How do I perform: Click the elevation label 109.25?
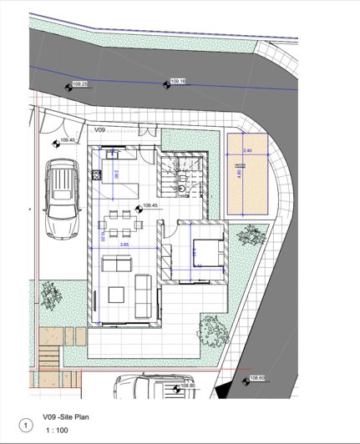pos(81,84)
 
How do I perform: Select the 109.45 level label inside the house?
pos(151,205)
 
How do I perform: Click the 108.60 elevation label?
pos(256,377)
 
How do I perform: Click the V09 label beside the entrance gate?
pos(99,131)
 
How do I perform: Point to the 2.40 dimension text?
pos(246,150)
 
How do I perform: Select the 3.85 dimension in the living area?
pos(124,245)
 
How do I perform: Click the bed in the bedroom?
pos(206,248)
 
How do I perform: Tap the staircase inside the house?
pos(183,174)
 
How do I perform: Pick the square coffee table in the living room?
pos(116,295)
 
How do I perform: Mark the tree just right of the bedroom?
pos(247,238)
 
